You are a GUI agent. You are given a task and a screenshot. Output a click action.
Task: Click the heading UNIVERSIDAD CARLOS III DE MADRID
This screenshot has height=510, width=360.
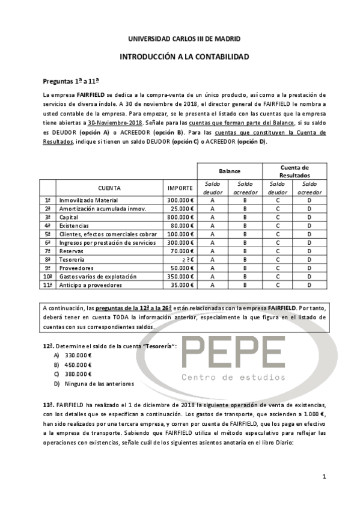click(x=185, y=39)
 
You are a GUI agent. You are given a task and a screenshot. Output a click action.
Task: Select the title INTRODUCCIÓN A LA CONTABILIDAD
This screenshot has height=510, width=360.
click(x=185, y=57)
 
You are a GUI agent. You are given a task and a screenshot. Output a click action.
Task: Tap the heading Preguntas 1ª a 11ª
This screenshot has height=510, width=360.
click(x=71, y=81)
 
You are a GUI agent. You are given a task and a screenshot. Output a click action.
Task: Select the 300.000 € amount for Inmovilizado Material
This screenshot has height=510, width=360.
click(x=180, y=200)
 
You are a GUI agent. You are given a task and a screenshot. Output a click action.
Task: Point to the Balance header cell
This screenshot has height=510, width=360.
click(x=229, y=171)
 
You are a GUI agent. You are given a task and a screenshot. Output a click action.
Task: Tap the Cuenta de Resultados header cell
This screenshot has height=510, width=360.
click(x=294, y=171)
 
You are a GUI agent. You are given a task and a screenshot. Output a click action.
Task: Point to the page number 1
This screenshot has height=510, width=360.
click(x=324, y=477)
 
